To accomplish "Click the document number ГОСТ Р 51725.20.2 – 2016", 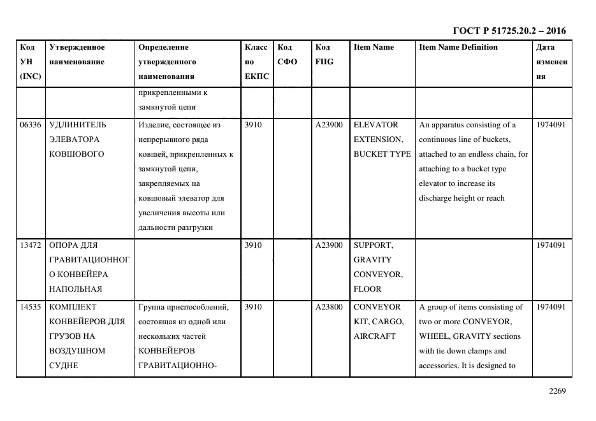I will tap(509, 31).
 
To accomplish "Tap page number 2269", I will tap(556, 391).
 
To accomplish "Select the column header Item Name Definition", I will tap(458, 47).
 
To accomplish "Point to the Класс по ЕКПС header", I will tap(257, 62).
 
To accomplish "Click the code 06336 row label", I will tap(31, 125).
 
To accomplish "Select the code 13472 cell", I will tap(31, 245).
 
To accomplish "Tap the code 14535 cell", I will tap(31, 307).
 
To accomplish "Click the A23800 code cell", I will tap(329, 307).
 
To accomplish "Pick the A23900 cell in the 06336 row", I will tap(329, 125).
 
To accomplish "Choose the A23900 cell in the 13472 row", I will tap(329, 245).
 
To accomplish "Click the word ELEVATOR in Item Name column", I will tap(375, 125).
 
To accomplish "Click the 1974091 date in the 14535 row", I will tap(551, 307).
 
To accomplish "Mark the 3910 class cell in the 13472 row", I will tap(253, 245).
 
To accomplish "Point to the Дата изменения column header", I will tap(551, 62).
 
